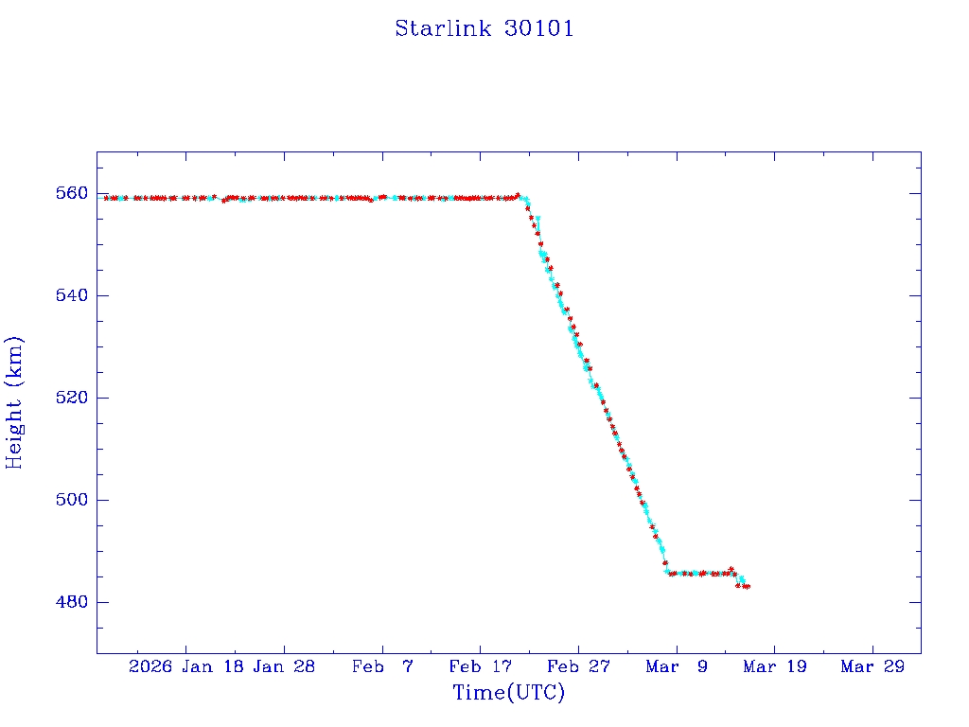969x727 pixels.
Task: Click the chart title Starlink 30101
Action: click(x=484, y=28)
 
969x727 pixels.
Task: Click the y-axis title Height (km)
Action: click(x=14, y=402)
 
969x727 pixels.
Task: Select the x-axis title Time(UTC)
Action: click(x=508, y=693)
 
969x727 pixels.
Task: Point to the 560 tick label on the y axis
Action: click(x=73, y=193)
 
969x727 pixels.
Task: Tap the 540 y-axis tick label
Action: click(x=73, y=295)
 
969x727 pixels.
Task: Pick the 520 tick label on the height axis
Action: click(x=73, y=398)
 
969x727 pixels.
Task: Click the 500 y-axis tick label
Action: click(x=73, y=500)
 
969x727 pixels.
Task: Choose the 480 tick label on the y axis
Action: click(x=73, y=602)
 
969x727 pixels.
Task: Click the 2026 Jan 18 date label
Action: click(x=185, y=666)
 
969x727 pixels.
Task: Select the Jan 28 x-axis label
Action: click(x=284, y=666)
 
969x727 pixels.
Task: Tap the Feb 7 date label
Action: click(x=382, y=666)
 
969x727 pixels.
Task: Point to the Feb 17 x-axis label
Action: click(x=480, y=666)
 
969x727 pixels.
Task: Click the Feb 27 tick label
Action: click(x=578, y=666)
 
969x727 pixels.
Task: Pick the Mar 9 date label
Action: click(x=677, y=666)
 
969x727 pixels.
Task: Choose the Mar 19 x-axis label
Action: click(x=774, y=666)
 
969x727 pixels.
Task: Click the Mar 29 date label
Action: click(x=872, y=666)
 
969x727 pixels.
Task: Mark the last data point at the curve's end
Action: click(x=748, y=587)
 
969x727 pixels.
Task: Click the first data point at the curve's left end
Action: click(x=106, y=198)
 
